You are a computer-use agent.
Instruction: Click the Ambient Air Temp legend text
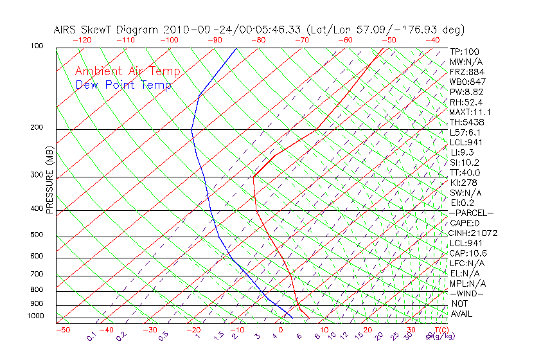point(127,71)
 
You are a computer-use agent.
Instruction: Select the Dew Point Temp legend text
point(123,85)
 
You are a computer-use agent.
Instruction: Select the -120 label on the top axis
point(82,40)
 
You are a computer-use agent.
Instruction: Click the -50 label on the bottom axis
point(62,330)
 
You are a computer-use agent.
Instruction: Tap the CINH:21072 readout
point(474,233)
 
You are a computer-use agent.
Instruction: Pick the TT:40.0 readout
point(465,172)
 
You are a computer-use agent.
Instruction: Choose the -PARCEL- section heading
point(471,213)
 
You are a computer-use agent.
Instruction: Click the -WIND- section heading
point(466,294)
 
